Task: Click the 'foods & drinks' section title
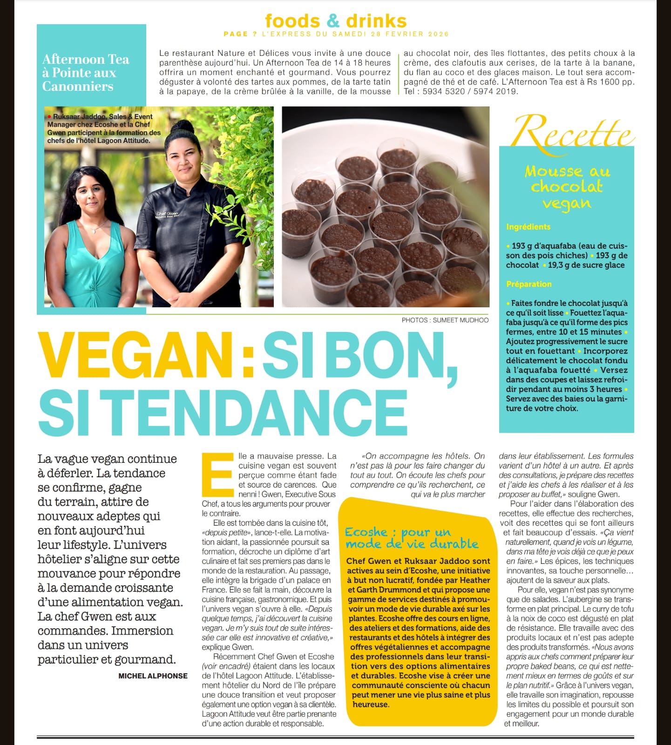[335, 20]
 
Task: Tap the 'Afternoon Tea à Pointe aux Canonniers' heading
[85, 73]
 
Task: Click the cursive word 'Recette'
[574, 132]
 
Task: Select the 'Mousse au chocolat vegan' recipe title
[567, 187]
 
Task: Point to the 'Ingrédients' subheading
[528, 227]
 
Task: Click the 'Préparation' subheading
[529, 284]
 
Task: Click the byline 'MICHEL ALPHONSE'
[153, 676]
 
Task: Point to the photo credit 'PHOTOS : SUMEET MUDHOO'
[445, 320]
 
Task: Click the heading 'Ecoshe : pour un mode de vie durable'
[411, 538]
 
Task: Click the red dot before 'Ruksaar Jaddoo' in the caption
[49, 117]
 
